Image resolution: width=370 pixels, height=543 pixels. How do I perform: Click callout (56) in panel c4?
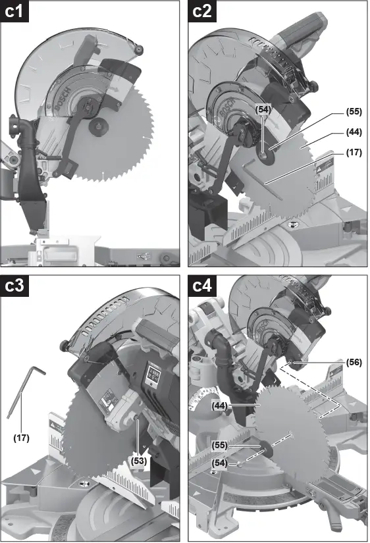coord(354,362)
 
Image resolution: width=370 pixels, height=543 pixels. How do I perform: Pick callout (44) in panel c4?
coord(221,407)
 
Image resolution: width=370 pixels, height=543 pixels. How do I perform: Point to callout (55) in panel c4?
coord(221,445)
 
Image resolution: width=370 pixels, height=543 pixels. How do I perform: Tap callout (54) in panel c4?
coord(221,463)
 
